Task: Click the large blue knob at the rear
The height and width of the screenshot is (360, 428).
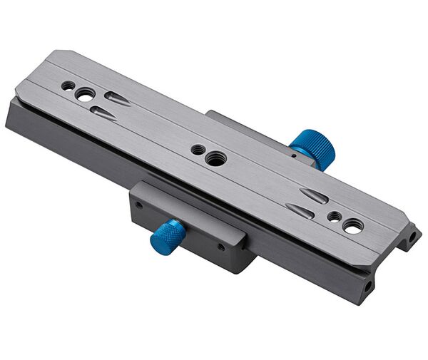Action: tap(313, 149)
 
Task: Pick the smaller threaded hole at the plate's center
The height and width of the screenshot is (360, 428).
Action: tap(196, 150)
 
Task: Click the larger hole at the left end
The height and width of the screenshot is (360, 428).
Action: tap(85, 93)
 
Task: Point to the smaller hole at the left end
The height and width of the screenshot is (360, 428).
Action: tap(68, 86)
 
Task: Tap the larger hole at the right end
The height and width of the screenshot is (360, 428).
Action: tap(352, 226)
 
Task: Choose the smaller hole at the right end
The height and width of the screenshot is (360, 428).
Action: tap(332, 215)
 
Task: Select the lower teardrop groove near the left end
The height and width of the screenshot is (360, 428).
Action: tap(103, 112)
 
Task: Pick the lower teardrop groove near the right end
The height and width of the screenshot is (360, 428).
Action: tap(300, 210)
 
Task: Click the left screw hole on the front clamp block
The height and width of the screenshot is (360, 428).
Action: tap(139, 205)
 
